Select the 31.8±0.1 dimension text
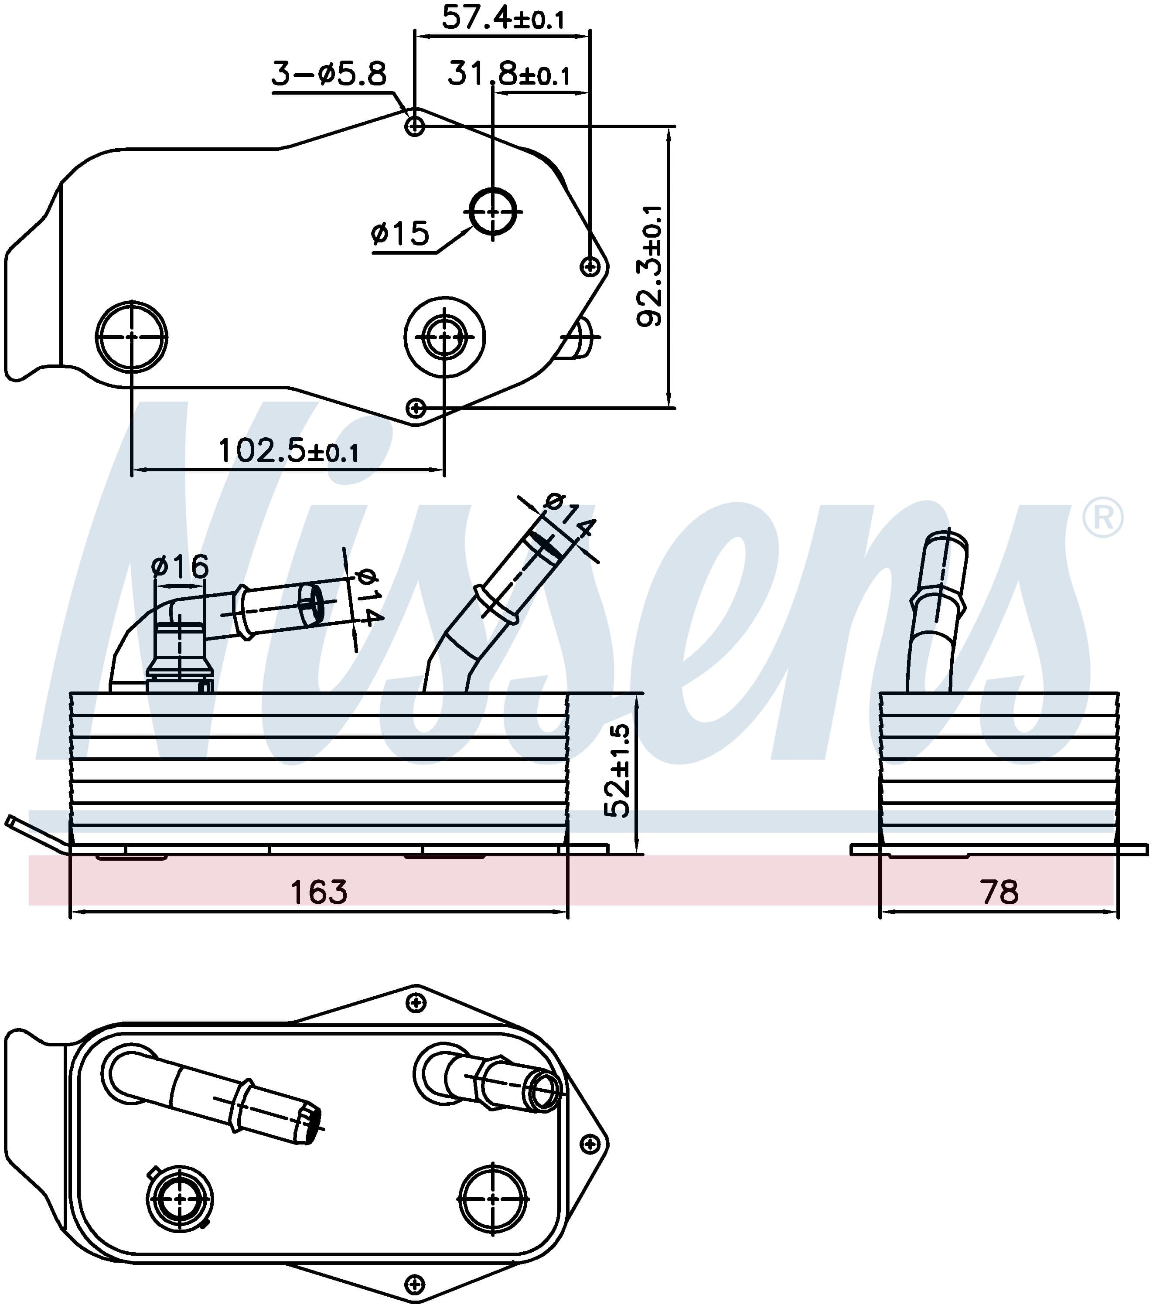point(508,74)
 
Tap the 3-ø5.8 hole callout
point(329,74)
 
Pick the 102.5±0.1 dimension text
point(288,450)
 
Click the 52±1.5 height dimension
point(618,770)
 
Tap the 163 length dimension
point(319,892)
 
